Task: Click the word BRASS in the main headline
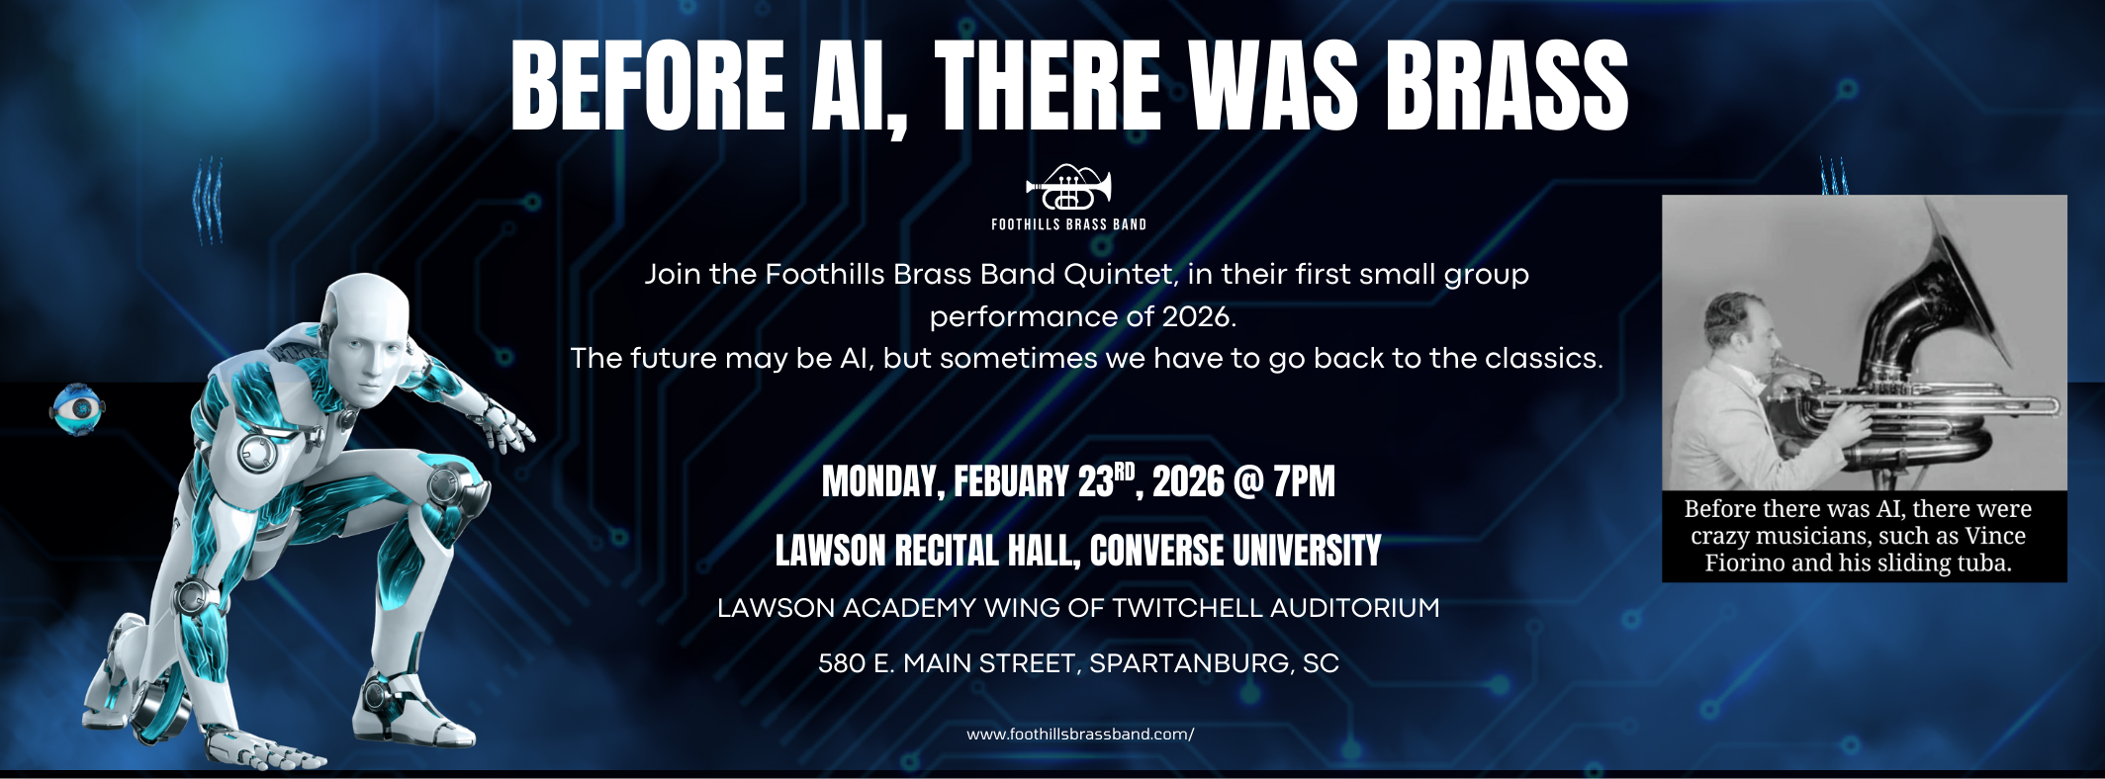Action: coord(1506,87)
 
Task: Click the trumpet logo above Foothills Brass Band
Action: coord(1068,188)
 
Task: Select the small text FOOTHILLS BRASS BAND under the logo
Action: coord(1068,225)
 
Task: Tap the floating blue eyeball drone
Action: coord(78,409)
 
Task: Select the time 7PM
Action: coord(1304,482)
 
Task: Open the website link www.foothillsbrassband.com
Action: coord(1079,735)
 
